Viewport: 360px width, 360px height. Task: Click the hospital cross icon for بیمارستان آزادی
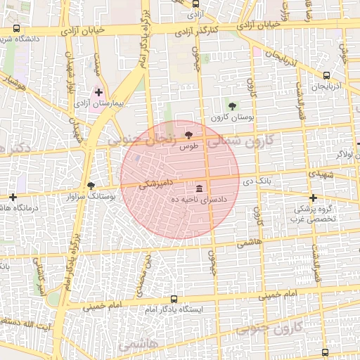pos(98,92)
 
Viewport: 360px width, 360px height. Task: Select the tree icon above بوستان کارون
pos(233,105)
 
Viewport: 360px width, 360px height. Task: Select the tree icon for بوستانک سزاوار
pos(91,186)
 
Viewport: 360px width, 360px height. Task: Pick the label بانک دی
pos(257,182)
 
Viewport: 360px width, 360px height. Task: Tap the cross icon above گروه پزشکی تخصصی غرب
pos(313,198)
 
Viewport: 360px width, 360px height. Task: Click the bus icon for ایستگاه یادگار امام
pos(174,299)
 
